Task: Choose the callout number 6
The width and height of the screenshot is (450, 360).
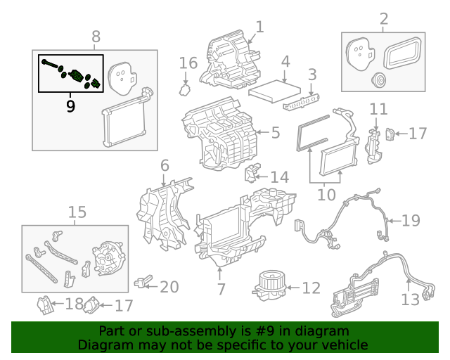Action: (165, 166)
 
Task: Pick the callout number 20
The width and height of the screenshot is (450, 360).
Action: (169, 287)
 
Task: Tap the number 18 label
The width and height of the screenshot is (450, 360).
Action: (73, 304)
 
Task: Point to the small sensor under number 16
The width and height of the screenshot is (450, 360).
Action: (186, 90)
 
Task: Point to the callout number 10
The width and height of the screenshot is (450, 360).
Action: (326, 193)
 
